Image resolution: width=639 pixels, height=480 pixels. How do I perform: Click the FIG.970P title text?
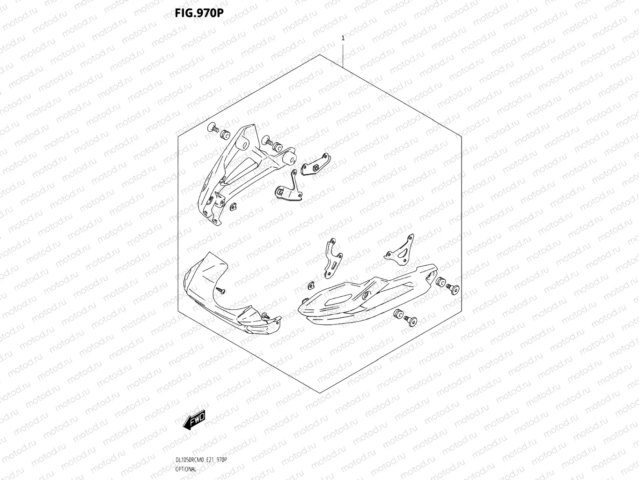pyautogui.click(x=199, y=13)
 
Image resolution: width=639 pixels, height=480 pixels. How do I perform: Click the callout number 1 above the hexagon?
pyautogui.click(x=343, y=38)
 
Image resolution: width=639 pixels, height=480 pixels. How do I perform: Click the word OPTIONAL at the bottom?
pyautogui.click(x=186, y=469)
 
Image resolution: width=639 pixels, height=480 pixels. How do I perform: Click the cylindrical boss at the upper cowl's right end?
pyautogui.click(x=291, y=158)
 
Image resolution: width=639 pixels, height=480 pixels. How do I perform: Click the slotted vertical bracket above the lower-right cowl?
pyautogui.click(x=333, y=257)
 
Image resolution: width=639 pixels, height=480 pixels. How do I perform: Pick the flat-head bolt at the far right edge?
pyautogui.click(x=453, y=289)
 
